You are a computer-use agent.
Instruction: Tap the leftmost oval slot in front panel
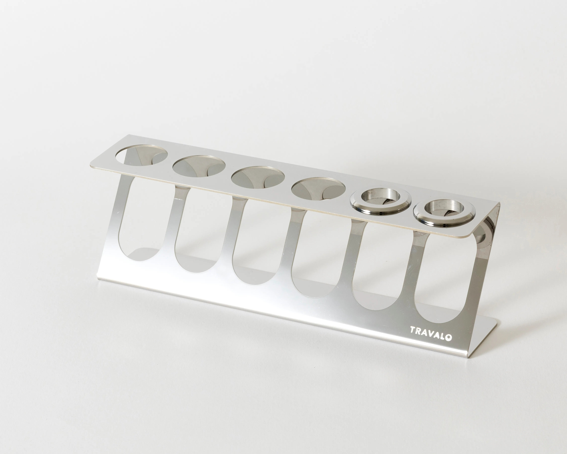(142, 220)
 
